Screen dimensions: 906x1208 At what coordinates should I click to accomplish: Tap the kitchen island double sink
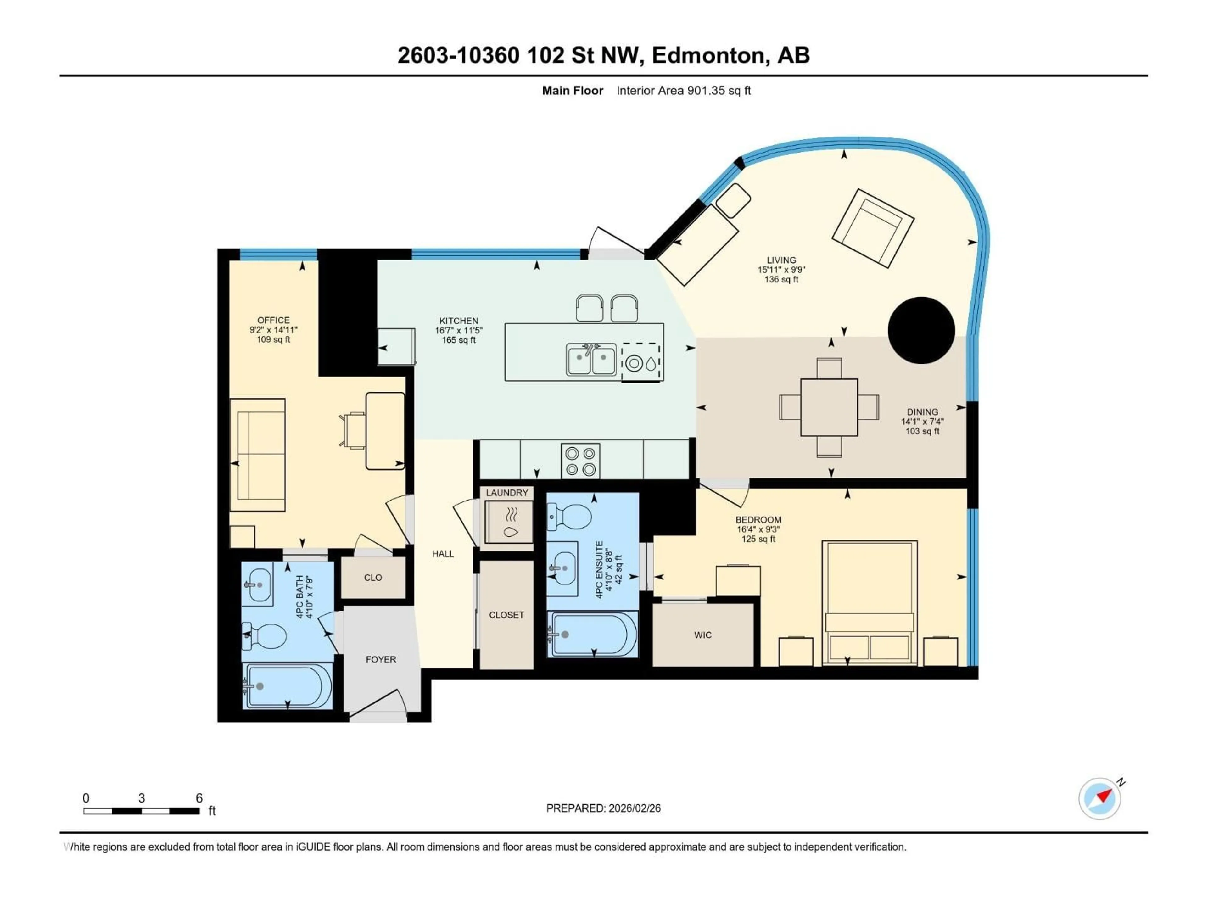pos(591,359)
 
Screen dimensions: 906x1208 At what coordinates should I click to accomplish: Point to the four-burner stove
pos(580,461)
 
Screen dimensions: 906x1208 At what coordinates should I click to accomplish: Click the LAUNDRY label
pos(507,493)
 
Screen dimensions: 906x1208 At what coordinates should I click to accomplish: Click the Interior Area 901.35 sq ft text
pos(683,91)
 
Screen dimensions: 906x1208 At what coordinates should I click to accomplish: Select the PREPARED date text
pos(603,808)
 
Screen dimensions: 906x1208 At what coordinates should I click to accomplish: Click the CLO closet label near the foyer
pos(373,577)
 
